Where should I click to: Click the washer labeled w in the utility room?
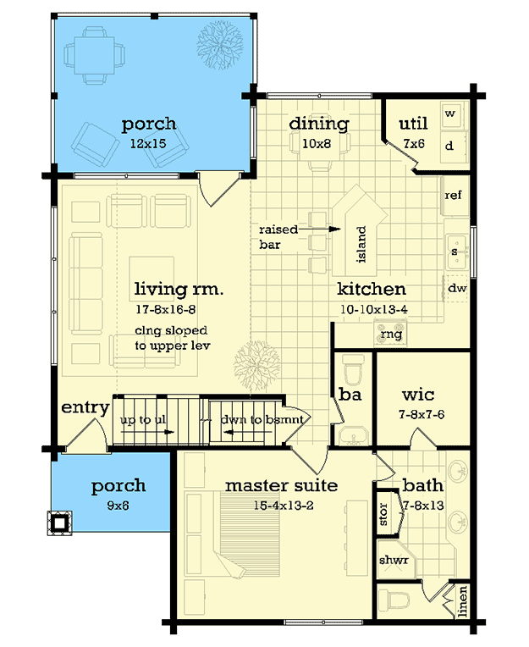tap(450, 113)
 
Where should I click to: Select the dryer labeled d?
tap(450, 146)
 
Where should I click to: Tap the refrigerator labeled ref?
tap(453, 196)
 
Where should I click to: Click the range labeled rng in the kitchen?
tap(392, 335)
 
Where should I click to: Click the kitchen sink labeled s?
tap(455, 252)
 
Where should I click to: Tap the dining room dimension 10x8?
tap(318, 143)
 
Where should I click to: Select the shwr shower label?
tap(394, 560)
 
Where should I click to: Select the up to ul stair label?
tap(141, 420)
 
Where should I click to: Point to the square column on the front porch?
tap(61, 522)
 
